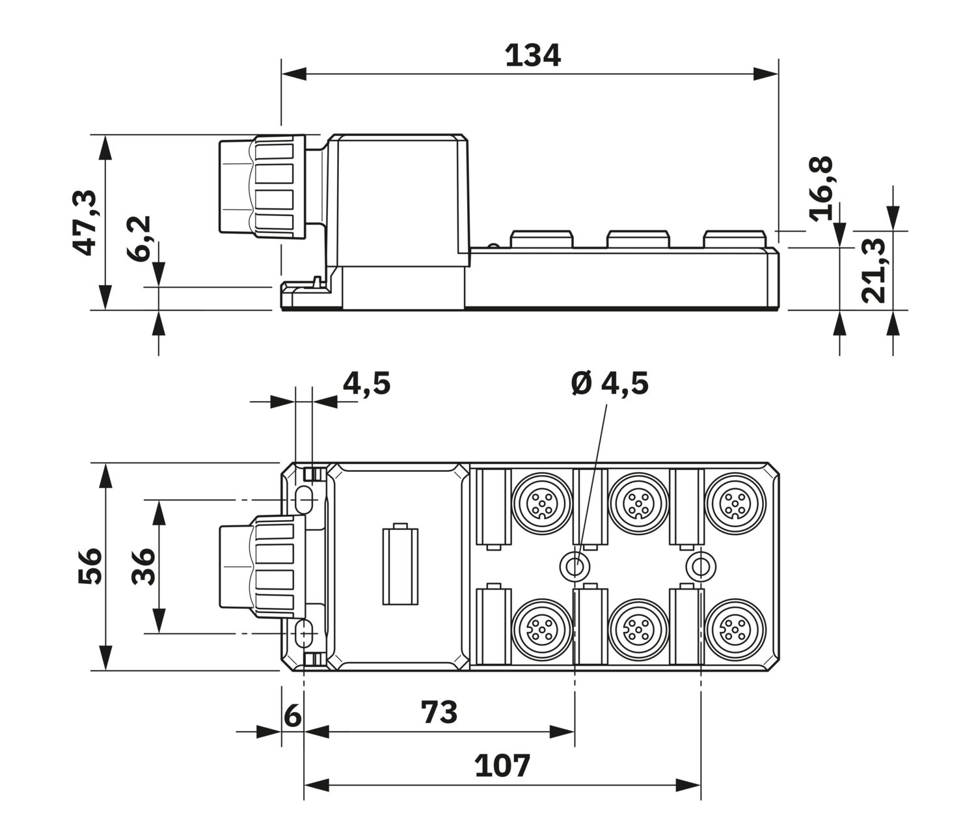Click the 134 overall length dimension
(533, 56)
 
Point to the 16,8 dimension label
(821, 189)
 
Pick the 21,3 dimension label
(873, 270)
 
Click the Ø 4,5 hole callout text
(610, 383)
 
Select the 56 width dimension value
(90, 566)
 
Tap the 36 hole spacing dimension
(143, 567)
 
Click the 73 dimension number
(439, 712)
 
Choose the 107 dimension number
(502, 766)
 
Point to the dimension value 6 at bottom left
(292, 716)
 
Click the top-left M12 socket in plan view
(541, 503)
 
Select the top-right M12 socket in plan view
(735, 503)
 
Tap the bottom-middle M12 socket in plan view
(638, 629)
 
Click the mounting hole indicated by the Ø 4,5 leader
(574, 566)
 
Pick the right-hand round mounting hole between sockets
(701, 566)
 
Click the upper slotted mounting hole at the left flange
(304, 499)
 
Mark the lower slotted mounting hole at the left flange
(304, 633)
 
